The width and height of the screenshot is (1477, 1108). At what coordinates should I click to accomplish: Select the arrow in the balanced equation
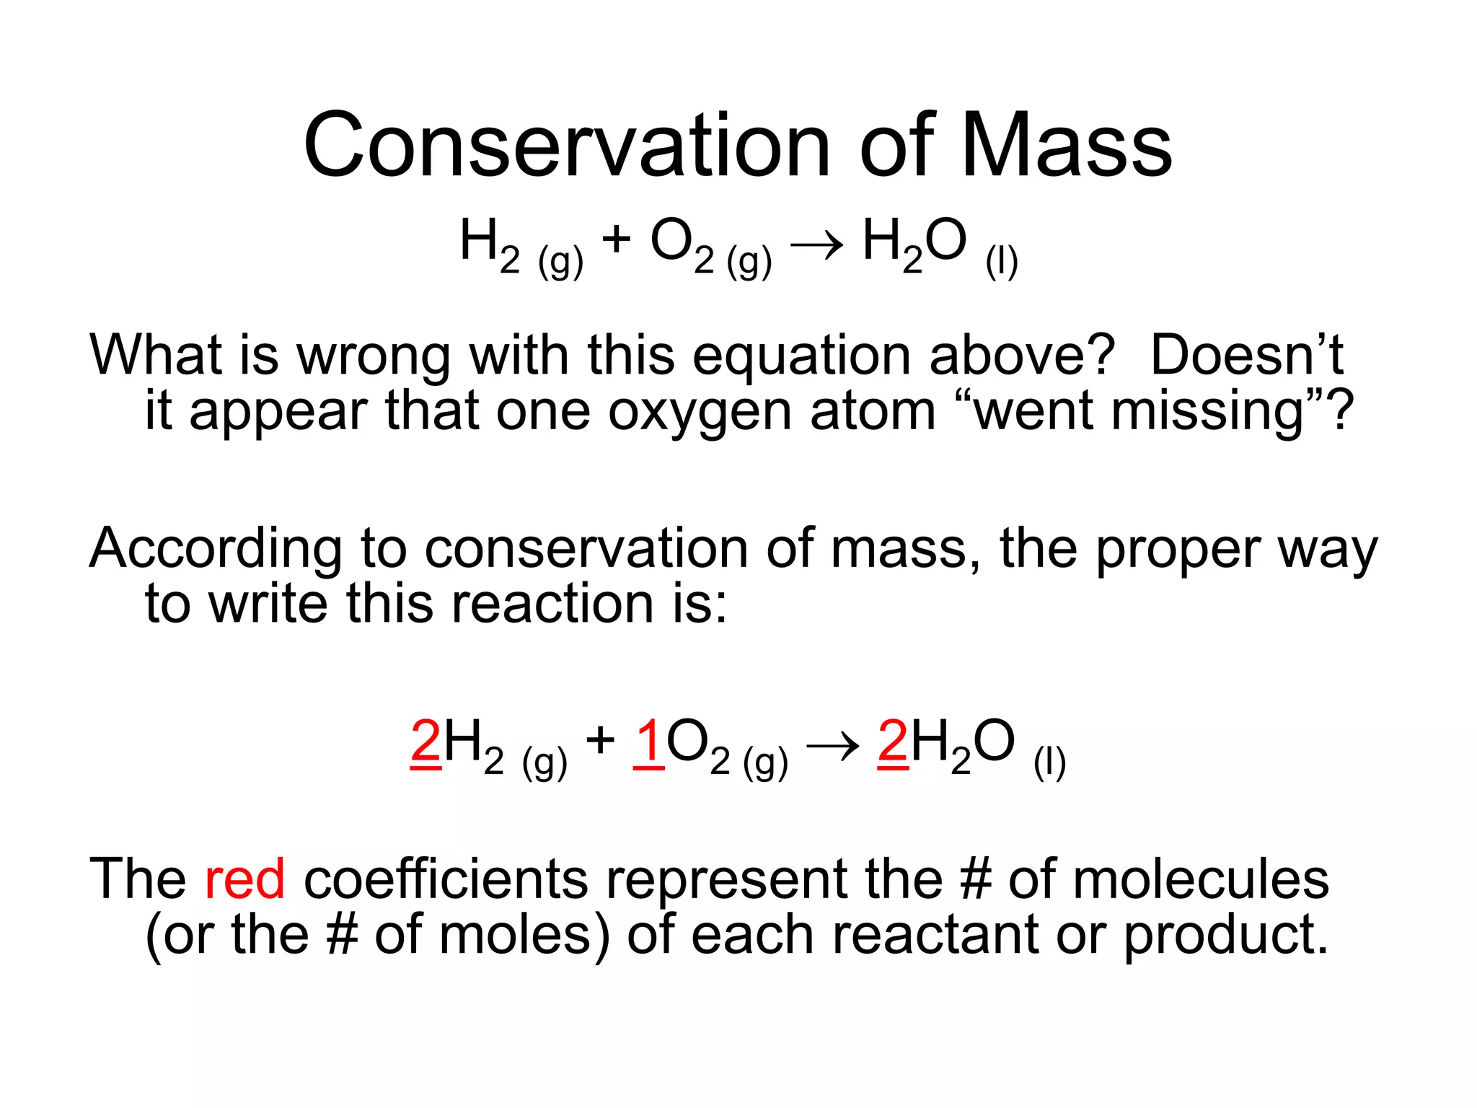pos(832,746)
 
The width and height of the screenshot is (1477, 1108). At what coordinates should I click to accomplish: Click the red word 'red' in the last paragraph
pos(244,879)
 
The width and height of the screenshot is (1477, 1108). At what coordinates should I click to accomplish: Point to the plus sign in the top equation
pos(616,239)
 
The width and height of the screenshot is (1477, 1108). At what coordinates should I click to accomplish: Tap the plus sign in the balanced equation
pos(600,740)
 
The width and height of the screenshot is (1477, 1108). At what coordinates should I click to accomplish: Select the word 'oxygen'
pos(700,412)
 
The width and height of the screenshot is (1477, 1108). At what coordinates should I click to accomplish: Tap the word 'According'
pos(216,549)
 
